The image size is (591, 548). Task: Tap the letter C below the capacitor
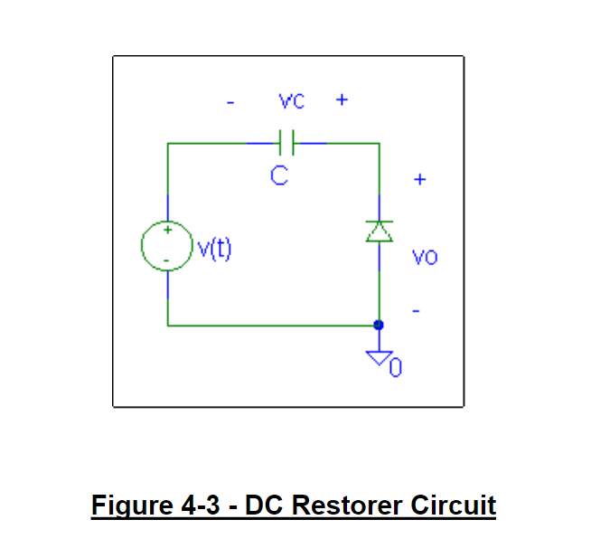click(279, 176)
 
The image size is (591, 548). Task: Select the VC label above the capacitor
click(291, 101)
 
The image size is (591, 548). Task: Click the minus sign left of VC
click(230, 102)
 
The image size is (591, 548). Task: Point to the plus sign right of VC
click(341, 100)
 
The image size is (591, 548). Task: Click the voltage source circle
click(166, 245)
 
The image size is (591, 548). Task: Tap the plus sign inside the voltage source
click(166, 231)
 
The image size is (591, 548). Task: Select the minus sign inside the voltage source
click(166, 260)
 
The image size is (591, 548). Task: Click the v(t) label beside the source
click(214, 247)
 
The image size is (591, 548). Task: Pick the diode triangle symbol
click(379, 231)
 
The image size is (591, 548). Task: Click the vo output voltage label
click(425, 258)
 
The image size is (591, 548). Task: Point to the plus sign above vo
click(418, 179)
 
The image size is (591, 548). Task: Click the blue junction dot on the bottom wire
click(379, 325)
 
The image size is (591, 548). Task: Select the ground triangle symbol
click(379, 358)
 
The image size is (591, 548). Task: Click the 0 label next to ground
click(395, 368)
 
